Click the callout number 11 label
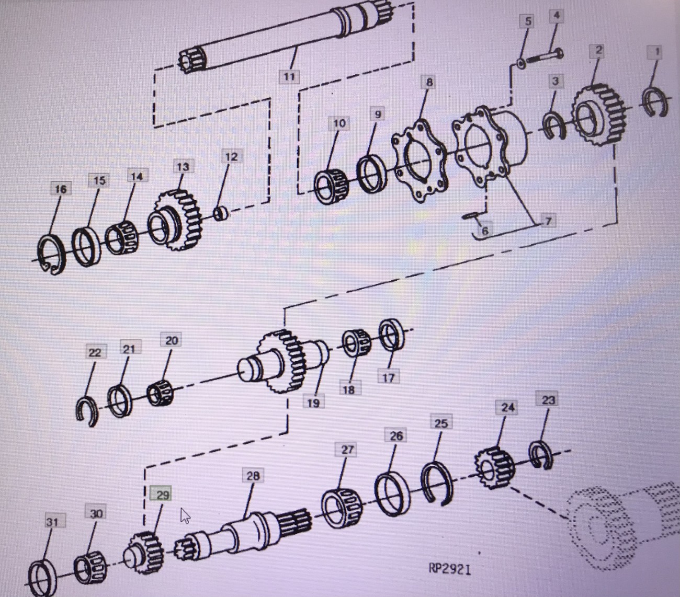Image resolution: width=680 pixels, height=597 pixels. click(289, 77)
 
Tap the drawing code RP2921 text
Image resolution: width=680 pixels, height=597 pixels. click(450, 568)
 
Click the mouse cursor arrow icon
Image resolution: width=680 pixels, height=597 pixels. click(185, 515)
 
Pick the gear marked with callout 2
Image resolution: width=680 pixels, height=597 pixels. click(598, 114)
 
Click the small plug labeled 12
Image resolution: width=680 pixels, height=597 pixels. click(221, 214)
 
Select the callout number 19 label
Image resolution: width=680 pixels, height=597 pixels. click(313, 403)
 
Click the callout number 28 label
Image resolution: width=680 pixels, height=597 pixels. click(253, 476)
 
